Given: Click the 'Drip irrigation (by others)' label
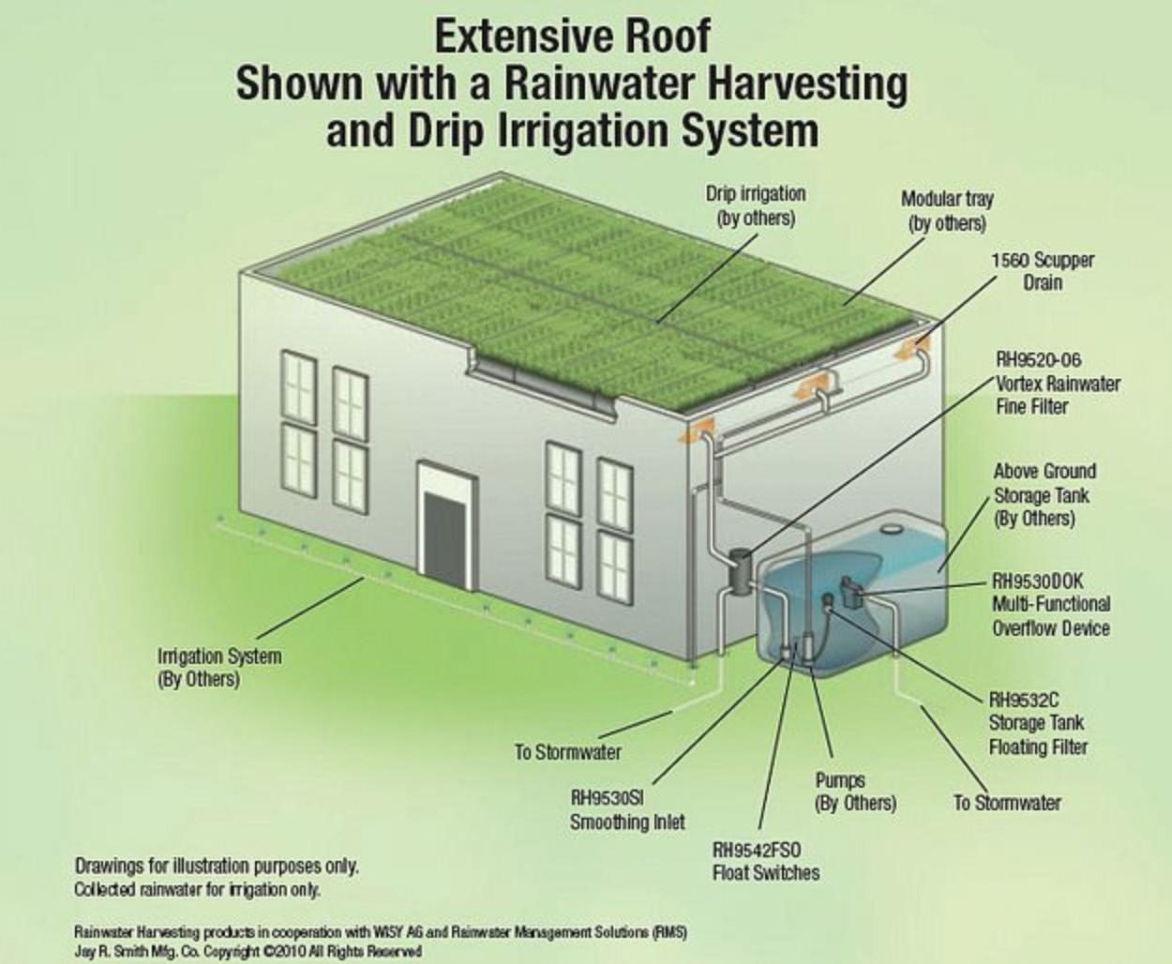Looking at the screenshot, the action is coord(755,205).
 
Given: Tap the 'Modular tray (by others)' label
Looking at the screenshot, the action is coord(947,211).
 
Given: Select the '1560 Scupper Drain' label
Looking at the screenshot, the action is coord(1043,271).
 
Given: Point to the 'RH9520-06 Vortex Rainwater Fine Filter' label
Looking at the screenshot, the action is coord(1057,383).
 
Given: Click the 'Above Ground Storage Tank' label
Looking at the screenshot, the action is coord(1044,494).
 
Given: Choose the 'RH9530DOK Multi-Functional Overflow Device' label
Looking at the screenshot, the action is coord(1050,605).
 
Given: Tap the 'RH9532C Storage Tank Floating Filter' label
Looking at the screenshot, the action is coord(1037,723).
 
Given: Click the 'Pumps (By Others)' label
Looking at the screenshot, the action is coord(855,791).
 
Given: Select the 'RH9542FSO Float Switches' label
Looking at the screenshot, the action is coord(765,861).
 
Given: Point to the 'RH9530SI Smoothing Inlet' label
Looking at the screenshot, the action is coord(626,810).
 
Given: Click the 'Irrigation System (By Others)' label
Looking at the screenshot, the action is coord(218,667).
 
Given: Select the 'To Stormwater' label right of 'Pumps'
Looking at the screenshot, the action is coord(1007,803).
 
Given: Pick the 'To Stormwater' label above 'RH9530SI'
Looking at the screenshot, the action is coord(567,751).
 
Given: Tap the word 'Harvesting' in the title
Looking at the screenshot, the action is coord(807,83).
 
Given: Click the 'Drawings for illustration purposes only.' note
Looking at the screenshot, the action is coord(217,866).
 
